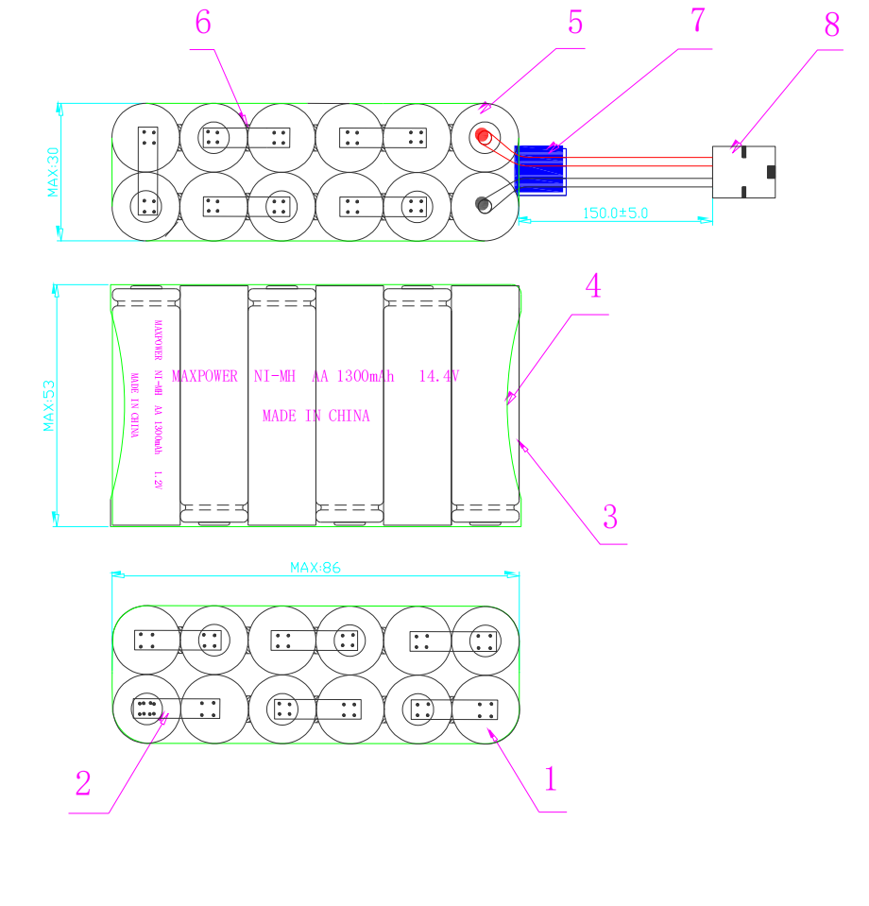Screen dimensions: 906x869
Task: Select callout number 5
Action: coord(575,23)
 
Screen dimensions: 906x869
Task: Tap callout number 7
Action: coord(698,21)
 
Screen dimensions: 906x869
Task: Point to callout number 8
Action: coord(831,26)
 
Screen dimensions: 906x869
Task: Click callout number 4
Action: coord(593,286)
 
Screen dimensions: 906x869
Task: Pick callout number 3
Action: coord(610,517)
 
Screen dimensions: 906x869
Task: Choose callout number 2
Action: coord(83,783)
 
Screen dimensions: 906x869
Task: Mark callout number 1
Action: coord(550,779)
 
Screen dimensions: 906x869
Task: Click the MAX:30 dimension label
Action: coord(53,171)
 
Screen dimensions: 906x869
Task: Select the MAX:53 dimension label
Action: coord(48,405)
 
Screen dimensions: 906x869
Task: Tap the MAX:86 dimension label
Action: coord(315,568)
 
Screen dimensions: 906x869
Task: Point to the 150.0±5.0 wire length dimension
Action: coord(615,214)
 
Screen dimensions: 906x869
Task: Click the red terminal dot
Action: coord(484,136)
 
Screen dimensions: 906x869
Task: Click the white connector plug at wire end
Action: coord(743,172)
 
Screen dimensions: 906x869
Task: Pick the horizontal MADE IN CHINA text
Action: coord(315,416)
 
